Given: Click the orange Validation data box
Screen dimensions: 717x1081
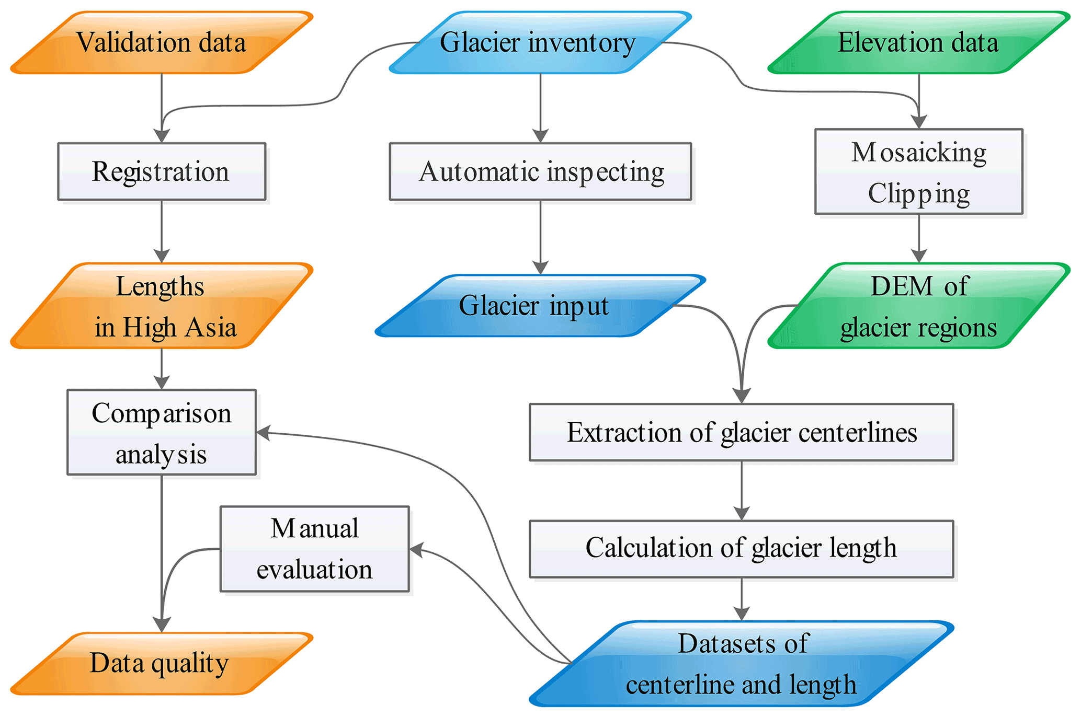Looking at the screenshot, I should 162,43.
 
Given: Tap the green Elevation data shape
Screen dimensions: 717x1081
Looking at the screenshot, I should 918,43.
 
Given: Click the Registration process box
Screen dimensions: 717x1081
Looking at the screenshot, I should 162,171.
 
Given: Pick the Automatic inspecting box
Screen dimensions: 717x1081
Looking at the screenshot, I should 540,171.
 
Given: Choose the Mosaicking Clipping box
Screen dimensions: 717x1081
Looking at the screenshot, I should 919,171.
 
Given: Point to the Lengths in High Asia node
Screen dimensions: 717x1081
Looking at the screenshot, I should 162,306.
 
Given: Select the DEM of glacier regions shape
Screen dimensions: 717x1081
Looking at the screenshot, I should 918,306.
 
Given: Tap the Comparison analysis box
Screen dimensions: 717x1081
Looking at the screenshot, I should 162,432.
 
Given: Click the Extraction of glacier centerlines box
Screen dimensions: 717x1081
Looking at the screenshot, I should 742,432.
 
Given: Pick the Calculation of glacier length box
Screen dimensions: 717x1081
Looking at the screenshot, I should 742,549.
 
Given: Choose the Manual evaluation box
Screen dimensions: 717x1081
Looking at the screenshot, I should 315,549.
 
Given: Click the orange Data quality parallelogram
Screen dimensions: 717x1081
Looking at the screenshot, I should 162,664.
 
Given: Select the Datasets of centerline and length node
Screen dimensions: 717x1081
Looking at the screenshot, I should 742,664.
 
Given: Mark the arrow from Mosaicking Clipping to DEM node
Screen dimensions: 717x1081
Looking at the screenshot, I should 919,238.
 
